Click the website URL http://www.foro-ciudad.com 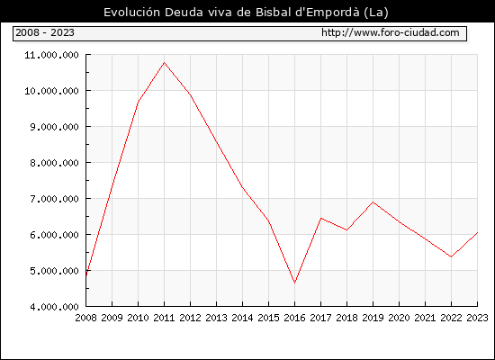tap(391, 32)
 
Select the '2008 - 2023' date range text tap(45, 32)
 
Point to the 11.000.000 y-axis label tap(52, 55)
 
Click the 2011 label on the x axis tap(164, 318)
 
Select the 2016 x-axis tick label tap(294, 318)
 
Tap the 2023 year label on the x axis tap(477, 318)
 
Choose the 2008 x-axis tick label tap(85, 318)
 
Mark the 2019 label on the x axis tap(373, 318)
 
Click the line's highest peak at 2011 tap(164, 62)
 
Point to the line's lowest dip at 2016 tap(294, 283)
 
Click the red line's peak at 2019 tap(373, 202)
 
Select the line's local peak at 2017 tap(320, 218)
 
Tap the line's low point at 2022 tap(451, 257)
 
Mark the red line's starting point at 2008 tap(86, 275)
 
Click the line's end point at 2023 tap(477, 232)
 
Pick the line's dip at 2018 tap(346, 229)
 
